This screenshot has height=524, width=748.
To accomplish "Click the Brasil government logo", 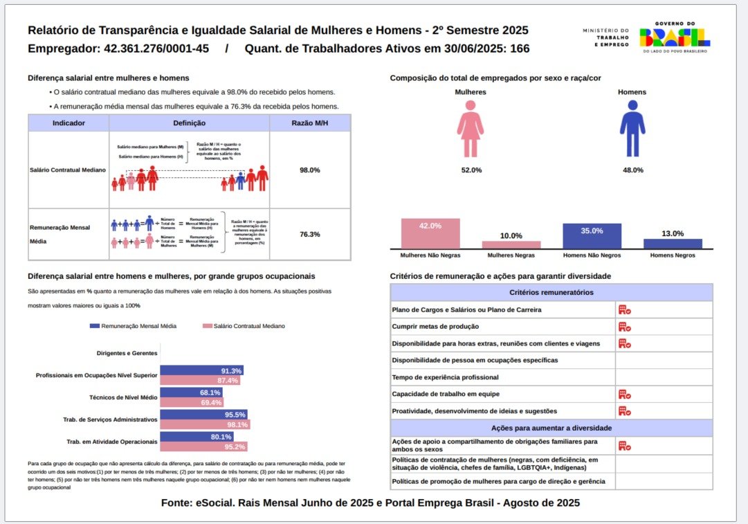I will (674, 37).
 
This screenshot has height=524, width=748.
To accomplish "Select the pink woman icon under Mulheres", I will (471, 129).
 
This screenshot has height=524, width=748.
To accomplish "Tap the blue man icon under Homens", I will (632, 129).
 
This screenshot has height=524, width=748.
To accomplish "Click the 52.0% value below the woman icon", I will (471, 170).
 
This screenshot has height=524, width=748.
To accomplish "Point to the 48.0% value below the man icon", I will (632, 170).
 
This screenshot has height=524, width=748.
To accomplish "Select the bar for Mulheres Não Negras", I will (430, 233).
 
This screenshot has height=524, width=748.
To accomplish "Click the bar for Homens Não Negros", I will (592, 236).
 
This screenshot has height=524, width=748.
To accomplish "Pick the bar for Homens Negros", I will (673, 244).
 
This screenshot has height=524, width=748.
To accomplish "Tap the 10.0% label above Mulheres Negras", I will (511, 236).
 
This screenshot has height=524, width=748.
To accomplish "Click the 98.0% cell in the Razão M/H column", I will (309, 170).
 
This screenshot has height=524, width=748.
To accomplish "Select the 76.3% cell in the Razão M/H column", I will (309, 235).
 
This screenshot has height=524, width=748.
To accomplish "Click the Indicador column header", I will (69, 123).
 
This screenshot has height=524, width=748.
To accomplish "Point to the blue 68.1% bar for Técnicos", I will (181, 392).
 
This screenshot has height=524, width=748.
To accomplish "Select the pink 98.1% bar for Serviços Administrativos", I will (205, 424).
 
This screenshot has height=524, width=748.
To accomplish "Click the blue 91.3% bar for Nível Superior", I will (201, 370).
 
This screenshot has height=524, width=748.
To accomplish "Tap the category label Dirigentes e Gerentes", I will (127, 353).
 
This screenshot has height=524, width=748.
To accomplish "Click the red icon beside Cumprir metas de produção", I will (624, 327).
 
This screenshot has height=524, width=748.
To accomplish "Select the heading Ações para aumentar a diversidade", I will (551, 428).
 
